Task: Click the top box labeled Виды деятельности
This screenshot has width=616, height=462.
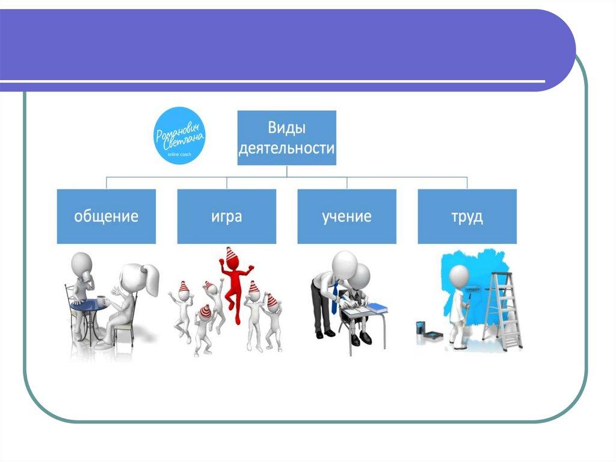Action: [x=287, y=138]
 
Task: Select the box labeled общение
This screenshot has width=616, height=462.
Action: [x=106, y=216]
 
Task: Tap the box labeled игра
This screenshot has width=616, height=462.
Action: [x=227, y=216]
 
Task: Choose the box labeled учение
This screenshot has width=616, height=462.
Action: [x=346, y=216]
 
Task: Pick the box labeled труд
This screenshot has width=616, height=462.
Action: [x=467, y=216]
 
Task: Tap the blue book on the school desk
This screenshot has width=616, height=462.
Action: [x=377, y=308]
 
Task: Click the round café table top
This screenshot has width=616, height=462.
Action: [x=89, y=306]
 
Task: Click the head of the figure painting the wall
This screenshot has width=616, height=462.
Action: [x=459, y=276]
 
